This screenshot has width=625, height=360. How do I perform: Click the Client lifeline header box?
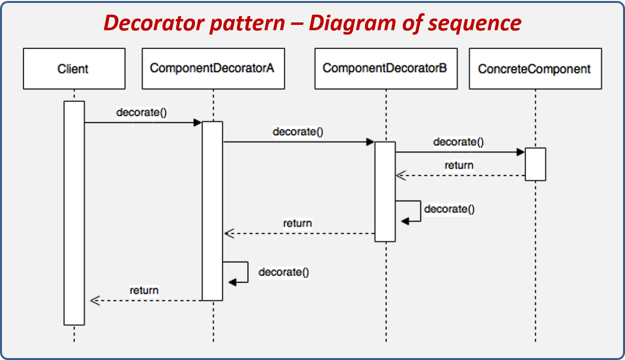click(x=74, y=68)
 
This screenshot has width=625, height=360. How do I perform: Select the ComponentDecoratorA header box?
click(x=213, y=68)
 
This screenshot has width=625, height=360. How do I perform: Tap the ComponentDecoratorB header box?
click(x=386, y=68)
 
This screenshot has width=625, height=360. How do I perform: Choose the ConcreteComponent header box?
click(x=535, y=68)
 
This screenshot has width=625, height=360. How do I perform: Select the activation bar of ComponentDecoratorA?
click(x=213, y=210)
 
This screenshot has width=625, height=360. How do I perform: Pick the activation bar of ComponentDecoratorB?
click(x=385, y=191)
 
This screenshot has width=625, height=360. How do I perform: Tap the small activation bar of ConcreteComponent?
click(x=535, y=164)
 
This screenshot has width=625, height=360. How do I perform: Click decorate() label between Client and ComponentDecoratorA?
click(x=141, y=112)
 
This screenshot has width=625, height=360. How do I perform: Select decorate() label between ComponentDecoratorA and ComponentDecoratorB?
click(x=298, y=132)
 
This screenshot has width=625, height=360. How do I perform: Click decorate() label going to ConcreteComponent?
click(x=458, y=142)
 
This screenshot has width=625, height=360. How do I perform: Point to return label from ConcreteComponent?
click(x=459, y=165)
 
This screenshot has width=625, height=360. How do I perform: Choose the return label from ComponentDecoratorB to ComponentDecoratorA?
click(x=297, y=223)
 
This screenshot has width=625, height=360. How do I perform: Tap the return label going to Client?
click(x=144, y=291)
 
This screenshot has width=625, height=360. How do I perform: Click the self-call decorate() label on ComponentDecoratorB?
click(x=449, y=209)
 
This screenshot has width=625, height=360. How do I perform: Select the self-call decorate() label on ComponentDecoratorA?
click(x=284, y=272)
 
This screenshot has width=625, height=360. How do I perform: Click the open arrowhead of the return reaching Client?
click(x=95, y=300)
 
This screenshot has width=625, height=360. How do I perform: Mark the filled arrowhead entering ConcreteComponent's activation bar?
click(x=520, y=152)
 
